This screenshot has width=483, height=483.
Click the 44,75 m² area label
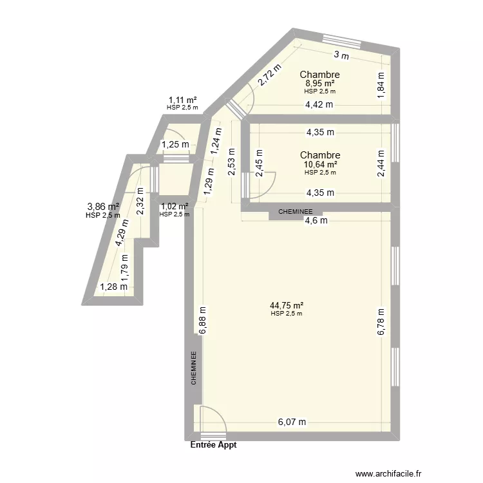[x=287, y=306]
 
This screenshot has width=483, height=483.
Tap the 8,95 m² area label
[x=319, y=84]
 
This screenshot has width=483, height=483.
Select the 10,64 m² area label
[x=319, y=164]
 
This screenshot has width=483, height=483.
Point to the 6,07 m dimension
[x=292, y=422]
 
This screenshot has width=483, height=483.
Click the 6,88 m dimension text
[x=202, y=319]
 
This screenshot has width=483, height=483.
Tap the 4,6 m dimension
[x=316, y=220]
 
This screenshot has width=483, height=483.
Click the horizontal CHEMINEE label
[x=296, y=211]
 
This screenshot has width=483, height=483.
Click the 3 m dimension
[x=341, y=56]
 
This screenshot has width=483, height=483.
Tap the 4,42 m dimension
[x=319, y=104]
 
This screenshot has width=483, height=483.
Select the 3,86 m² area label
[x=103, y=207]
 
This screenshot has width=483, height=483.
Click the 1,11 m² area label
[x=182, y=100]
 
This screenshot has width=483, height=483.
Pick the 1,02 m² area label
[x=175, y=207]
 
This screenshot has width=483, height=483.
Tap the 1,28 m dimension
[x=113, y=287]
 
